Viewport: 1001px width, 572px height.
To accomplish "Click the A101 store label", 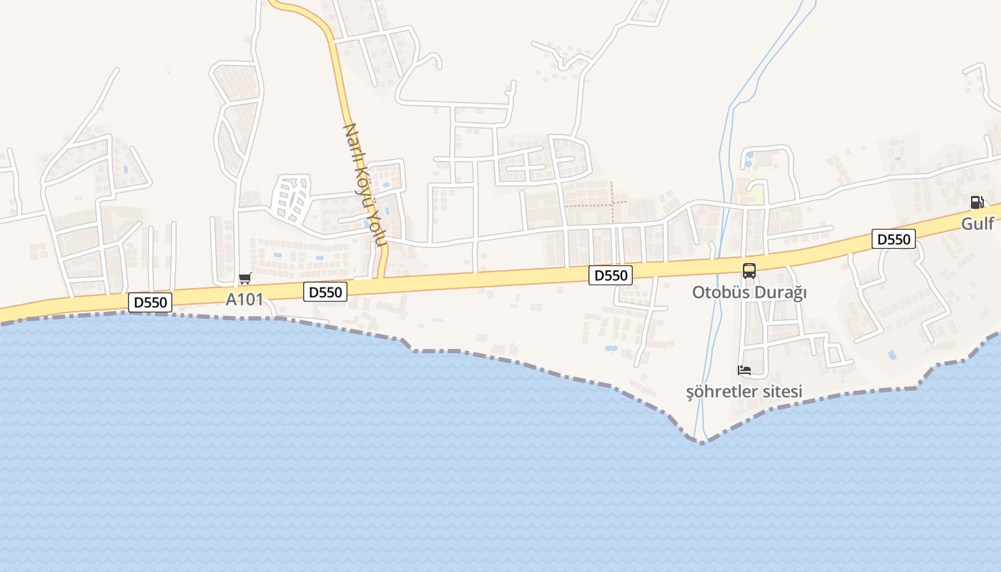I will (x=245, y=300).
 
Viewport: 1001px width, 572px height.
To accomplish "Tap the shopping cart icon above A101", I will (x=245, y=278).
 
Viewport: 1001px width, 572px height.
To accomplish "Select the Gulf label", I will (x=977, y=224).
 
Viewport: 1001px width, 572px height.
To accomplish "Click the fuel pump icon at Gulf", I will (x=977, y=202).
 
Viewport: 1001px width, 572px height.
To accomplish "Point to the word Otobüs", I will (x=720, y=292).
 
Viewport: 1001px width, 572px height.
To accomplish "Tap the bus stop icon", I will (x=749, y=271).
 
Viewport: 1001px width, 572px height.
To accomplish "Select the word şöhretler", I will (x=721, y=392).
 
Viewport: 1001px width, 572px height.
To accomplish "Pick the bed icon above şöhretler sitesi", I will (x=744, y=370).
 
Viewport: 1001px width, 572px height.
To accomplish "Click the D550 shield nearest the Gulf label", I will (x=894, y=239).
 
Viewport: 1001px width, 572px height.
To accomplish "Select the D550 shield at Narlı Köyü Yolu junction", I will (x=326, y=292).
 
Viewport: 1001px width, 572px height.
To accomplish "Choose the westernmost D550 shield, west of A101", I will (x=150, y=302).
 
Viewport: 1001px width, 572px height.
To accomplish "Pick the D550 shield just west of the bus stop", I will (x=611, y=275).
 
